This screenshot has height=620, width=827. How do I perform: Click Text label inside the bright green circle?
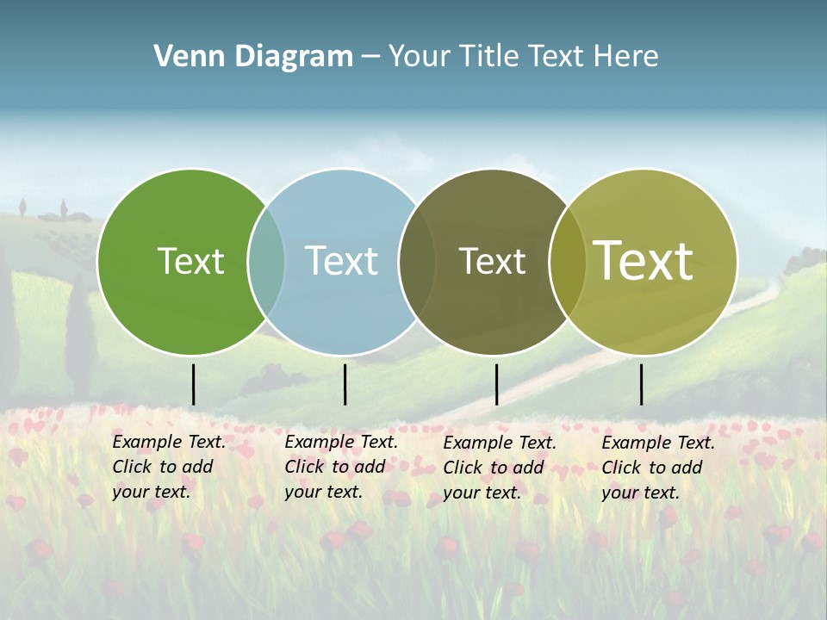pyautogui.click(x=190, y=261)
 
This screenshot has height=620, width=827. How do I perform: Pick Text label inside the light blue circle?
pyautogui.click(x=341, y=261)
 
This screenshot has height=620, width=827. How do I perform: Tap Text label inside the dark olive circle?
pyautogui.click(x=492, y=261)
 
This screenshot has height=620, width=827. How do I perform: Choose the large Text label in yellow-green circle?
pyautogui.click(x=644, y=260)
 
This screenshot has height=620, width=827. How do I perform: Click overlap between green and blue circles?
pyautogui.click(x=266, y=262)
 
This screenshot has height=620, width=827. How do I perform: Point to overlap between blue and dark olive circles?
pyautogui.click(x=417, y=262)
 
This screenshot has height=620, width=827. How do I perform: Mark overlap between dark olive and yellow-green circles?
pyautogui.click(x=567, y=262)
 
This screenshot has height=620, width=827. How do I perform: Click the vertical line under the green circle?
pyautogui.click(x=194, y=384)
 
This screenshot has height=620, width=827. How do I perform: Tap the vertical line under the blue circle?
pyautogui.click(x=345, y=384)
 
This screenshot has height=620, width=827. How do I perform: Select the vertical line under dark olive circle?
pyautogui.click(x=496, y=384)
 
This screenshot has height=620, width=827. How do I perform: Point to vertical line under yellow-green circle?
pyautogui.click(x=642, y=384)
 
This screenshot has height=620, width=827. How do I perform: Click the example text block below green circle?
pyautogui.click(x=168, y=467)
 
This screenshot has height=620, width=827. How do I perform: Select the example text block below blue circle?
pyautogui.click(x=340, y=467)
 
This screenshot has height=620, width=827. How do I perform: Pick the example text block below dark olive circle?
pyautogui.click(x=499, y=468)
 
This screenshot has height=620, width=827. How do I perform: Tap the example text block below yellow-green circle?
pyautogui.click(x=657, y=468)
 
